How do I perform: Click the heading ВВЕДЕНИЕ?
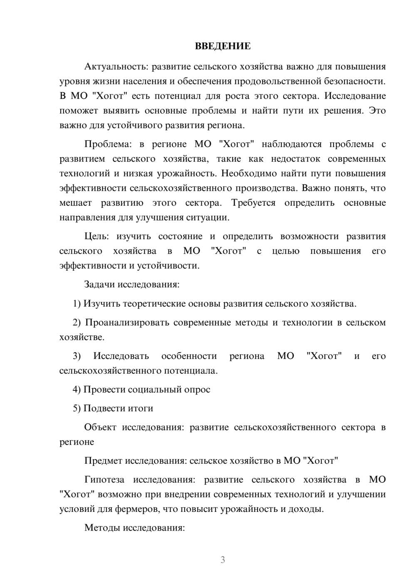223,46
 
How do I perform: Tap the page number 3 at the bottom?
223,560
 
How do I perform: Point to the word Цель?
96,236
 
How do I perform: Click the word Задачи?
100,284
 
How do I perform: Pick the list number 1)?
77,304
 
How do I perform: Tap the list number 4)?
77,389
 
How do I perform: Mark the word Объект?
100,427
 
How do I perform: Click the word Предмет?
103,461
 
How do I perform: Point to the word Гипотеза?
104,479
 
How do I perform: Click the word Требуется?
253,203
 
